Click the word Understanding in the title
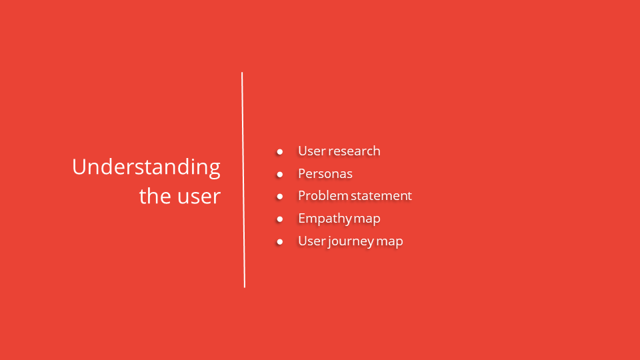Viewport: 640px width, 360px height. (146, 167)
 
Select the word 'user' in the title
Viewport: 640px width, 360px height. (199, 197)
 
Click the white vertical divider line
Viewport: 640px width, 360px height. (243, 180)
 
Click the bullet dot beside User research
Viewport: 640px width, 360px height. (280, 152)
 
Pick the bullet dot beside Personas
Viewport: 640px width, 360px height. (280, 175)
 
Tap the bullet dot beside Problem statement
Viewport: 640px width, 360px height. (280, 197)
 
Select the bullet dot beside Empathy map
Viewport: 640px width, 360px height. (280, 219)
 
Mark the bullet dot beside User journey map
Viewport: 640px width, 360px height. (280, 241)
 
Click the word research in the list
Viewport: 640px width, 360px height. (355, 151)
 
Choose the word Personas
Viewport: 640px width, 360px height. (325, 174)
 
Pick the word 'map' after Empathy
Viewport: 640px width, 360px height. (367, 219)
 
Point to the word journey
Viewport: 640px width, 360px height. (351, 241)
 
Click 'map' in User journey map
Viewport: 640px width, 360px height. (390, 241)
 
